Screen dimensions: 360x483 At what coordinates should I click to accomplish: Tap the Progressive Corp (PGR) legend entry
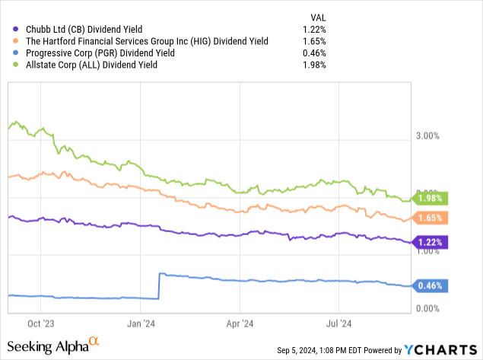point(98,53)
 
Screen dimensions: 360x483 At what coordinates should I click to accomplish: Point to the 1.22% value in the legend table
point(314,29)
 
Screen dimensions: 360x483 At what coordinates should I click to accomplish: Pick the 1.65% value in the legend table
point(314,41)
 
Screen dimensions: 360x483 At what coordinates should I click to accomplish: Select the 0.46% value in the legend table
point(314,53)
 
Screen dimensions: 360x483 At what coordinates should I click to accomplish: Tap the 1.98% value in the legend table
point(314,65)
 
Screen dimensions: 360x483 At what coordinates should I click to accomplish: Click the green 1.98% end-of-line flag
point(431,199)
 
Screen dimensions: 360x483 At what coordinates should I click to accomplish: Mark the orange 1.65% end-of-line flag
point(431,218)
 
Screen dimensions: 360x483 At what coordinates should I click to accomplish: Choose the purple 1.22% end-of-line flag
point(431,242)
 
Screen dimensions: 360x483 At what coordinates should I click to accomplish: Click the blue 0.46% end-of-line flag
point(431,286)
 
